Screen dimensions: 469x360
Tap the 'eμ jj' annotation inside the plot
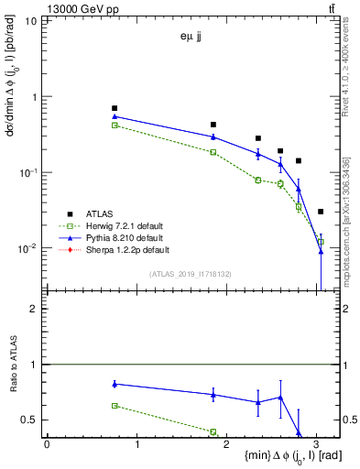[191, 38]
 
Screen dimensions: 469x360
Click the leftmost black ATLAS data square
[115, 108]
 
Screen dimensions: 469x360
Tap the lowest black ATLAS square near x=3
[321, 212]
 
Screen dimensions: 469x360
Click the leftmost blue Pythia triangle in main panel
[115, 116]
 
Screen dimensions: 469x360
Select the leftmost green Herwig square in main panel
[115, 125]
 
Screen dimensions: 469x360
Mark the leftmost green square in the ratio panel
[115, 405]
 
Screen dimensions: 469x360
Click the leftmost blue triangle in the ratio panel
[115, 384]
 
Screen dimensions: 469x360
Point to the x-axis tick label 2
[226, 443]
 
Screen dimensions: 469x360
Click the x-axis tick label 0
[47, 443]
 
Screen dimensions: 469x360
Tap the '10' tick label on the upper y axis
[29, 19]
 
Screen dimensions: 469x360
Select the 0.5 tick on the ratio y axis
[31, 420]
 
